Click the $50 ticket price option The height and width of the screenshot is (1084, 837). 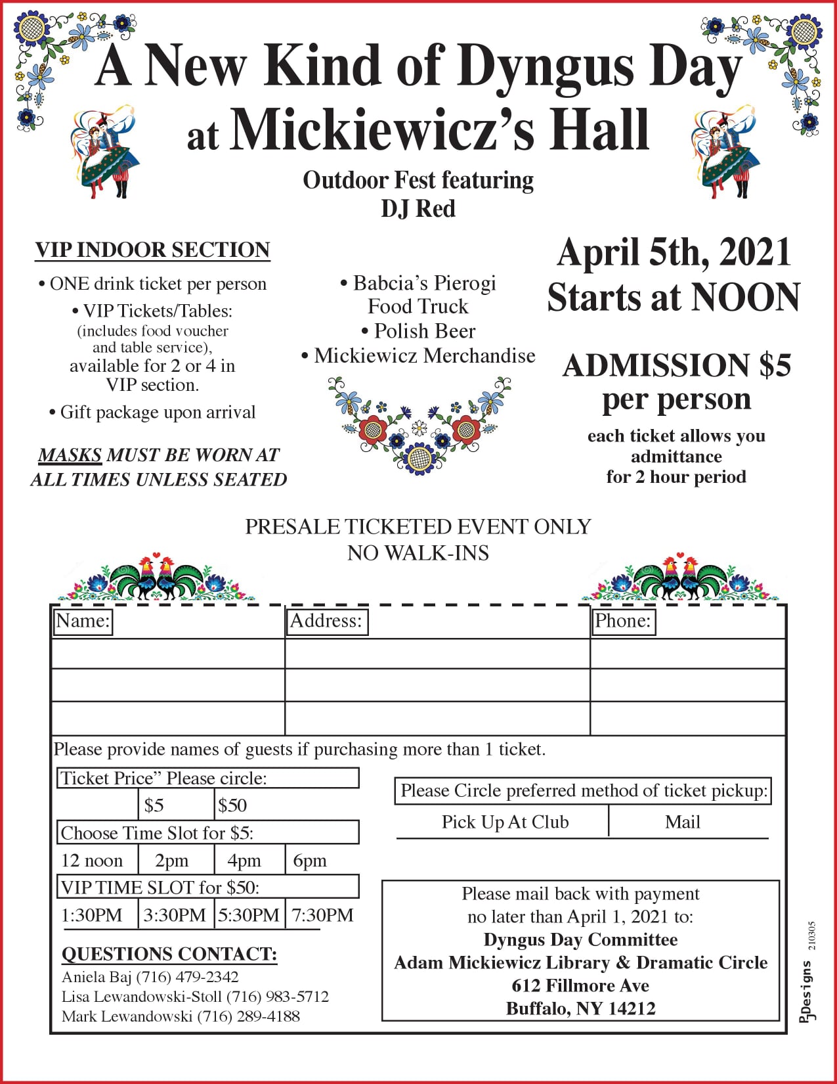[232, 805]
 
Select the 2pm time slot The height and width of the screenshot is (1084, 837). [171, 861]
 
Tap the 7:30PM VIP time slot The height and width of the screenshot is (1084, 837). [322, 915]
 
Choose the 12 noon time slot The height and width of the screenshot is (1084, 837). [92, 861]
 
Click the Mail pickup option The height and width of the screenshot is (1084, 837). [683, 822]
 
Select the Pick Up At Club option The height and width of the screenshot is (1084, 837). [505, 822]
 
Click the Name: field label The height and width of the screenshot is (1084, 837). [83, 621]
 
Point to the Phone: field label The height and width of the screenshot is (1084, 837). [622, 621]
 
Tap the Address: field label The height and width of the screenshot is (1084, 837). [326, 621]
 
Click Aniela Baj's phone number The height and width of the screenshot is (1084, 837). [187, 977]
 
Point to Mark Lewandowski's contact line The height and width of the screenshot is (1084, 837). [181, 1016]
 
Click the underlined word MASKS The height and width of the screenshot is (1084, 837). [70, 455]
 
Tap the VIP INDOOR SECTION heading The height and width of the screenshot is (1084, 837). [152, 250]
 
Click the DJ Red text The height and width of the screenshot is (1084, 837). [418, 209]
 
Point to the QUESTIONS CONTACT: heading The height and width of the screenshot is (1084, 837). [169, 954]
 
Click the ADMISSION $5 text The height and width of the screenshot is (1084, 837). [677, 365]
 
